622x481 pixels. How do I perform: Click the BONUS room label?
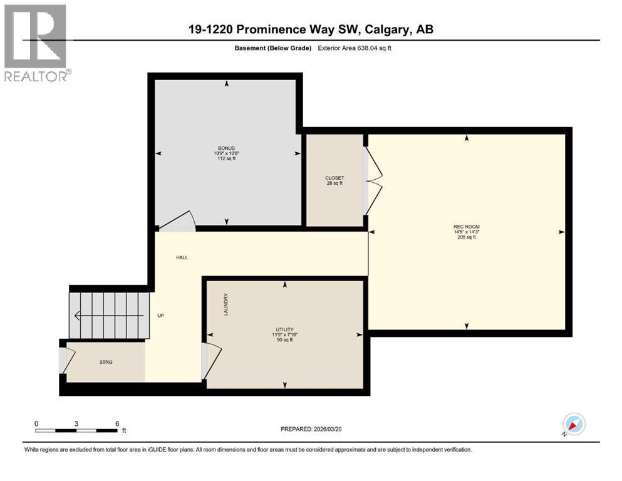(226, 148)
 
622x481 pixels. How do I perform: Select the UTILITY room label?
(285, 329)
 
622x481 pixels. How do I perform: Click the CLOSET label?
(334, 178)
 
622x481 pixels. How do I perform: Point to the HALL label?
(182, 257)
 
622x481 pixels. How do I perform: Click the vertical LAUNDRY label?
(225, 304)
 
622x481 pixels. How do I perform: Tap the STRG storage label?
(106, 362)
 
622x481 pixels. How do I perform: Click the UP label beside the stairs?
(160, 315)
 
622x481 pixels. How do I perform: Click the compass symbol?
(573, 425)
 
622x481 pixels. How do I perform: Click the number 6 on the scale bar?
(117, 423)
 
